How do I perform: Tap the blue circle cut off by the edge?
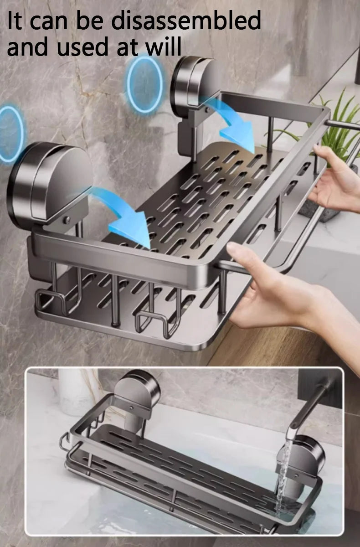(10, 134)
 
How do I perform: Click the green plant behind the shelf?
(337, 123)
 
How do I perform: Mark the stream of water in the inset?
(282, 474)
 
